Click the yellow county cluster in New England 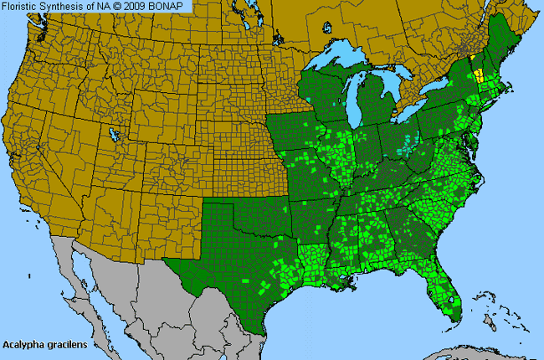pos(479,75)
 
